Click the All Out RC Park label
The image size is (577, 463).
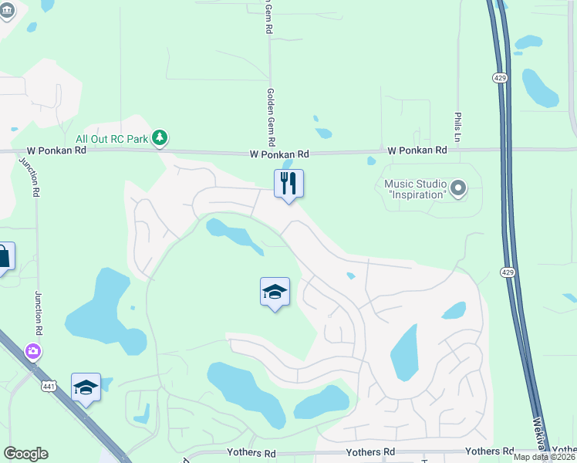(107, 138)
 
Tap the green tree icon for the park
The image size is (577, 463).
(160, 138)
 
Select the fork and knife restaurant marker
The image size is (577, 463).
(288, 184)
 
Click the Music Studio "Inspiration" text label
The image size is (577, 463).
(415, 189)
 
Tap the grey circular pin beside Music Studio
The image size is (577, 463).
(458, 188)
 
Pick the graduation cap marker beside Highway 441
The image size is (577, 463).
(86, 388)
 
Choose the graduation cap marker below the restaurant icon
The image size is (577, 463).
(275, 292)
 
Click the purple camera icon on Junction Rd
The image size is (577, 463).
(33, 351)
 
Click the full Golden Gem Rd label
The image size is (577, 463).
(271, 118)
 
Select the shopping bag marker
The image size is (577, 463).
(3, 258)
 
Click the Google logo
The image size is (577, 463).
(25, 454)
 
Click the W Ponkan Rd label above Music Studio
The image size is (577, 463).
(417, 150)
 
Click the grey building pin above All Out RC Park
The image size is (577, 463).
(6, 12)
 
